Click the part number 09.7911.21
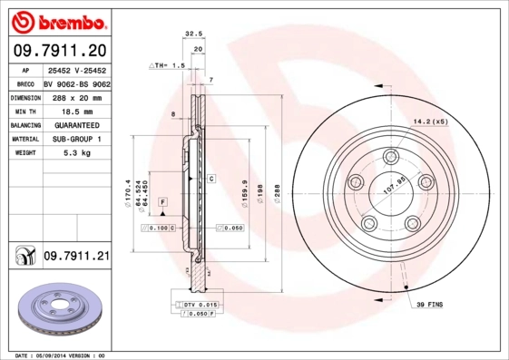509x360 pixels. (x=75, y=258)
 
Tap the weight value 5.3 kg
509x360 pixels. (x=75, y=153)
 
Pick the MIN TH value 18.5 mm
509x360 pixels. (x=75, y=110)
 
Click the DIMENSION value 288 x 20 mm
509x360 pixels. (x=75, y=96)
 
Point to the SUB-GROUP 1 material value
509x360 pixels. (x=75, y=139)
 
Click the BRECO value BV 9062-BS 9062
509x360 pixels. (x=75, y=82)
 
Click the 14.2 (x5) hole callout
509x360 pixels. (x=430, y=121)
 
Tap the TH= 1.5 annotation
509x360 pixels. (x=167, y=66)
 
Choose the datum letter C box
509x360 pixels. (x=210, y=179)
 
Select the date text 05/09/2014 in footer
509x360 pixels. (x=60, y=355)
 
